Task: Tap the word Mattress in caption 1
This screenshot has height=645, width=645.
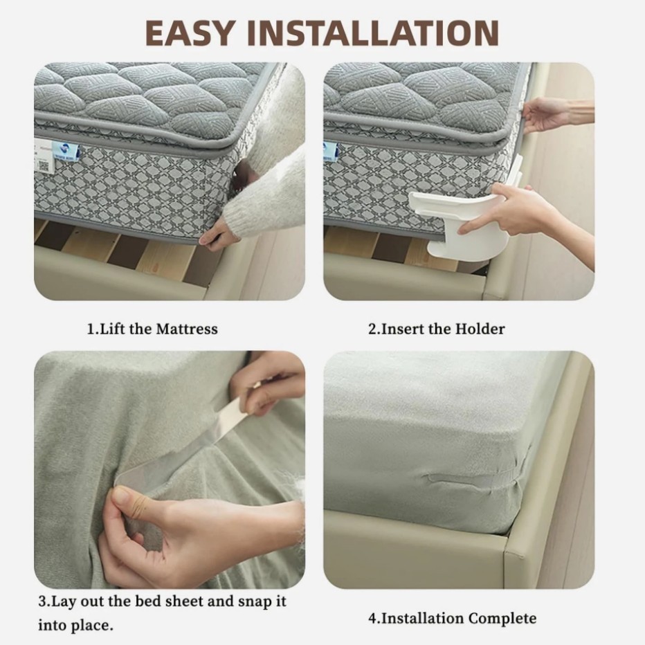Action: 186,329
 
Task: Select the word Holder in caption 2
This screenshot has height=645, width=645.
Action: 480,329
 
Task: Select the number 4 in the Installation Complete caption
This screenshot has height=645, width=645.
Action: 372,618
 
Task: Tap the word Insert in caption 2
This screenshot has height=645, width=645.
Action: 401,329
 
